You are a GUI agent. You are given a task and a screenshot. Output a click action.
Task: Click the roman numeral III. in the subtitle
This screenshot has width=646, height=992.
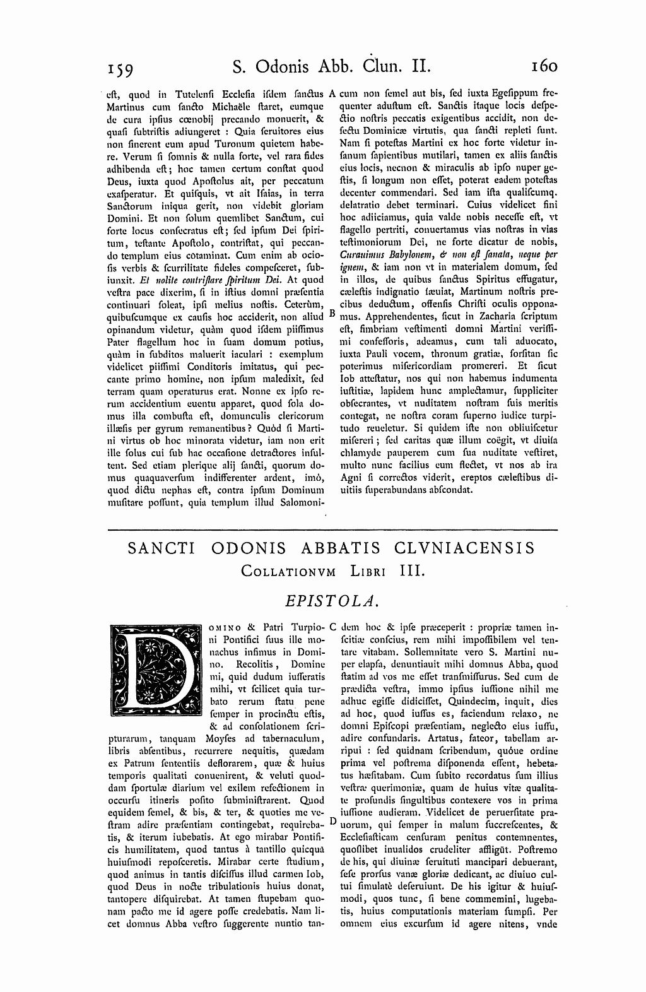414,570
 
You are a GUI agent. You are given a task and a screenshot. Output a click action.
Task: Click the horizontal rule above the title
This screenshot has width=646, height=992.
333,529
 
